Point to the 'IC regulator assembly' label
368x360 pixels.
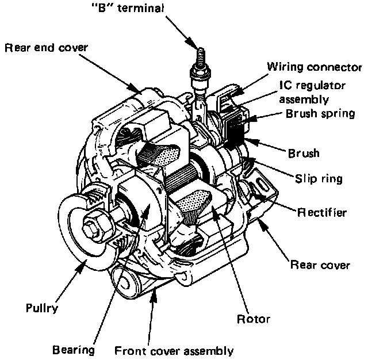pos(312,92)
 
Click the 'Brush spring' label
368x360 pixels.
pos(320,113)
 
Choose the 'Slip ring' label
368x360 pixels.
pos(319,179)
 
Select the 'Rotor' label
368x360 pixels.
pos(253,318)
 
